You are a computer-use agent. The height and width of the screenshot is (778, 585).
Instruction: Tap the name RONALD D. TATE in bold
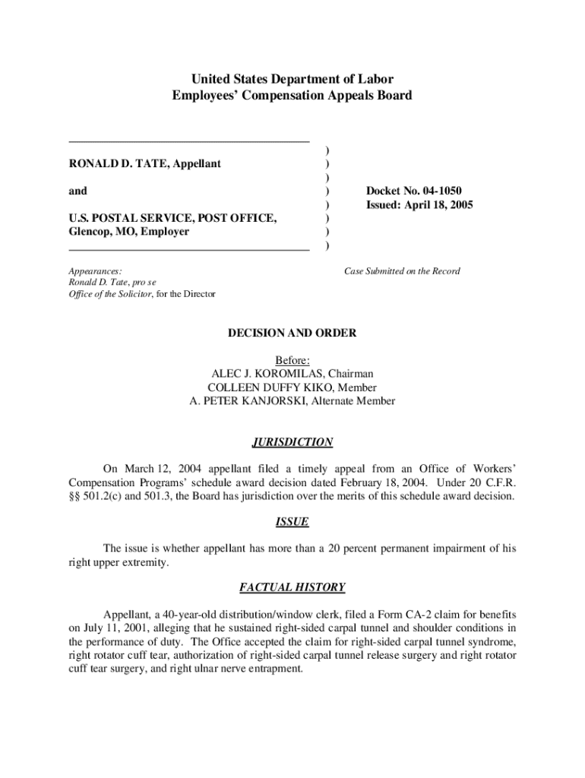(113, 163)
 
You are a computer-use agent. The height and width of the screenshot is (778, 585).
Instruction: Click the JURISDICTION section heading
(292, 442)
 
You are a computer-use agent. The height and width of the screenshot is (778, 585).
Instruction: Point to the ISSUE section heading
(292, 522)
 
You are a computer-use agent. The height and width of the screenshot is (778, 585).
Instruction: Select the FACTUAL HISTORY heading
(292, 587)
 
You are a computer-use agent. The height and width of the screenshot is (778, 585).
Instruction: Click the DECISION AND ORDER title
(292, 334)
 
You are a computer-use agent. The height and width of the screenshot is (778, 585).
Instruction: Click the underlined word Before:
(292, 360)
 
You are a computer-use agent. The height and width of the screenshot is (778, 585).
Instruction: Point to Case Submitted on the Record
(402, 271)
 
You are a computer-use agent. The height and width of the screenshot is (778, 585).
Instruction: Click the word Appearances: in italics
(95, 271)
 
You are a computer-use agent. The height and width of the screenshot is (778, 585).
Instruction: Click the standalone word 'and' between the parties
(77, 191)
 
